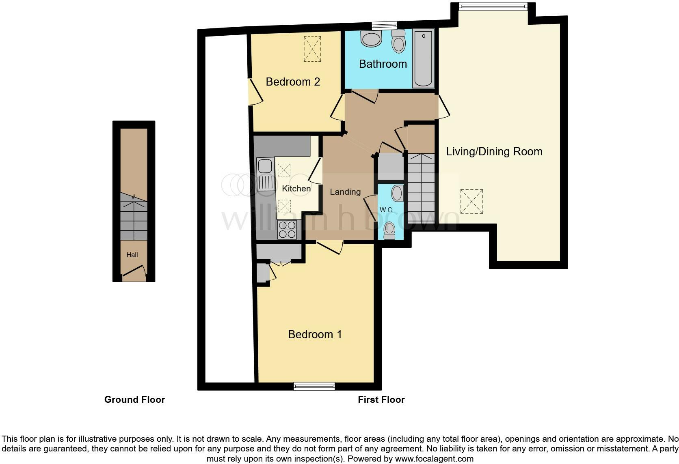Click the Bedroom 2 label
click(x=293, y=82)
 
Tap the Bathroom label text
click(x=383, y=64)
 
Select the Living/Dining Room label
click(x=494, y=152)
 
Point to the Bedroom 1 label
click(x=315, y=335)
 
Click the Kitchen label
click(x=296, y=189)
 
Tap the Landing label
click(x=345, y=192)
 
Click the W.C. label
click(x=386, y=210)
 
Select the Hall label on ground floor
click(x=132, y=255)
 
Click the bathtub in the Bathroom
click(x=423, y=58)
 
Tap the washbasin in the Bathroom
click(x=371, y=39)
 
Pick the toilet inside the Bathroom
click(x=398, y=42)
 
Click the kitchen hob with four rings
click(x=288, y=230)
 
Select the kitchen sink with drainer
click(x=265, y=174)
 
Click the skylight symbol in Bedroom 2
click(x=312, y=49)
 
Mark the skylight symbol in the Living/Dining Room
click(x=471, y=202)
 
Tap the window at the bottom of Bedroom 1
click(x=314, y=386)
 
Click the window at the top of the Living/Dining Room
click(x=493, y=6)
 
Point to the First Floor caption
click(x=381, y=400)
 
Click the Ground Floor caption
click(x=134, y=400)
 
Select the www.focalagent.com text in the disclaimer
click(x=434, y=459)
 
